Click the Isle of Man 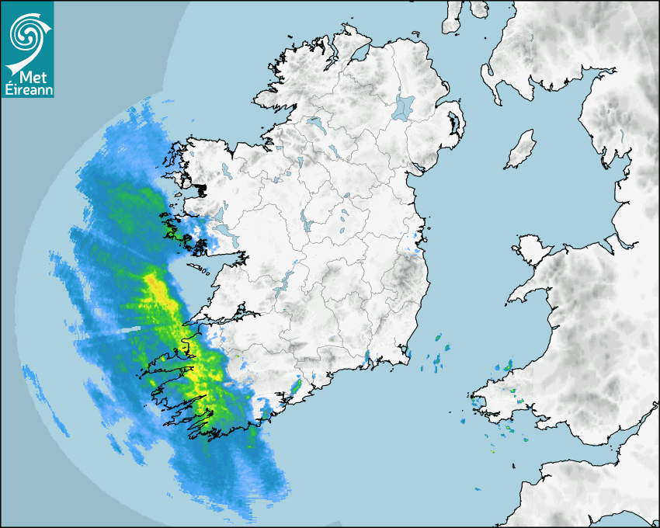[520, 150]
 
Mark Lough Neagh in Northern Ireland [404, 107]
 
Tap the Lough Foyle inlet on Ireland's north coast [359, 54]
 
